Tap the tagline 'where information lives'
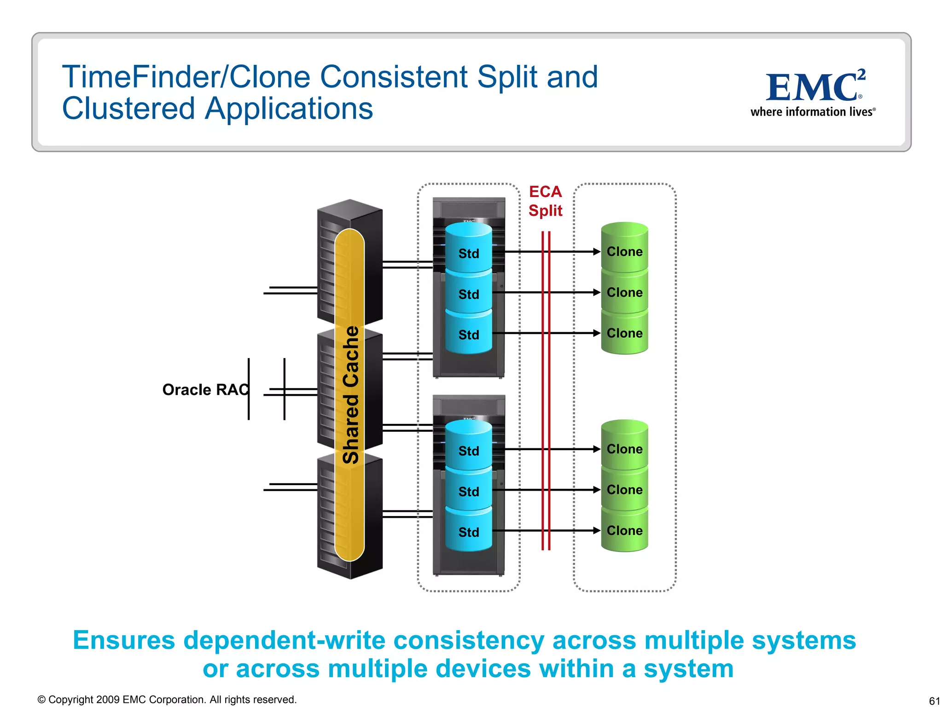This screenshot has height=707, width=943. (x=812, y=112)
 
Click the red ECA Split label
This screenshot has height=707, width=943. (x=545, y=201)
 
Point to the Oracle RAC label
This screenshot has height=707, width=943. (x=205, y=389)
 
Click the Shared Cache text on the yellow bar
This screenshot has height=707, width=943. (x=351, y=394)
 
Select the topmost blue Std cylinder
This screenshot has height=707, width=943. (x=468, y=251)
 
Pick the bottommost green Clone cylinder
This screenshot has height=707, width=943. (x=624, y=530)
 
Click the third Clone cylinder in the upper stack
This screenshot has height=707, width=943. (x=624, y=333)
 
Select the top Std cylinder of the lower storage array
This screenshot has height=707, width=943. (x=468, y=449)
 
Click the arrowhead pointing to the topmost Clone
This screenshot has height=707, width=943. (x=597, y=252)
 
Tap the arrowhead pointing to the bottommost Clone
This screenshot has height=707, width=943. (x=597, y=530)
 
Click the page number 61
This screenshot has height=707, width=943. (x=934, y=701)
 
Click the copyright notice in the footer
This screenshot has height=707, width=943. (x=167, y=700)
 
